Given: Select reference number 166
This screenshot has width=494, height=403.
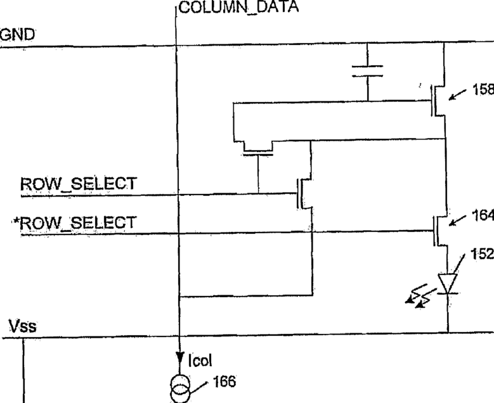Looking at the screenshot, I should [224, 381].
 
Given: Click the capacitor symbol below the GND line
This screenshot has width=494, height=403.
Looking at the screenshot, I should [368, 70].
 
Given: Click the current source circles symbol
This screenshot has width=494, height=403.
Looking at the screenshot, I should [179, 388].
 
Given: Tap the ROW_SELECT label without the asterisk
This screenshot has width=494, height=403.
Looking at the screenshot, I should [79, 184].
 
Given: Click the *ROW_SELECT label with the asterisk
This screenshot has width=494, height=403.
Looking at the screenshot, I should [74, 223].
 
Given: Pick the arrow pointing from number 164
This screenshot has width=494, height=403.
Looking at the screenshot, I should [458, 221].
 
